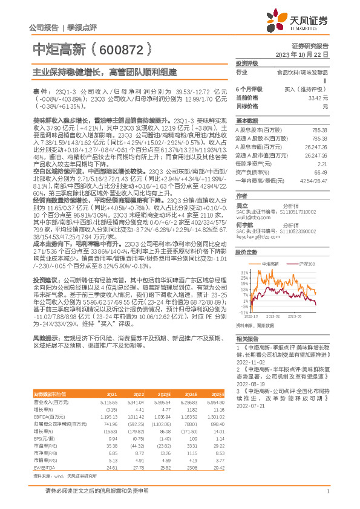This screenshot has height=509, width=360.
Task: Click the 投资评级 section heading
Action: pos(247,63)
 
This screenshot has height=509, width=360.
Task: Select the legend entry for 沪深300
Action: pos(309,264)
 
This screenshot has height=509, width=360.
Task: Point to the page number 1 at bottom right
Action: pos(327,499)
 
